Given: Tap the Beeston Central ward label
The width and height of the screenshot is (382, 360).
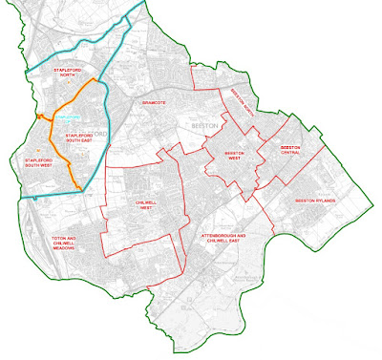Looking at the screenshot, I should tap(291, 151).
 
